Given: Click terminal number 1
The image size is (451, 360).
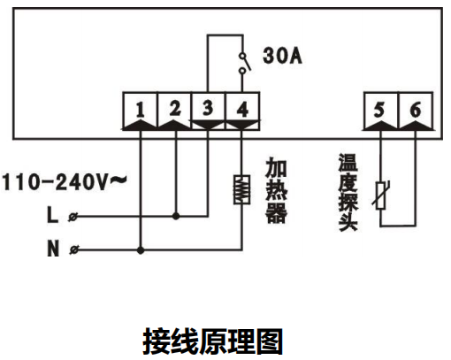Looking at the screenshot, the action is tap(141, 110).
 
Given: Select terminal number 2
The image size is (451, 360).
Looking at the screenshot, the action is tap(175, 109).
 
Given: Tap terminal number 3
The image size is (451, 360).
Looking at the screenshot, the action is tap(208, 108).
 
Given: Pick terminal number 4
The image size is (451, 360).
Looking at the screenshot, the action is tap(242, 110).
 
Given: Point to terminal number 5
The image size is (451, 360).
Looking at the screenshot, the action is tap(379, 110).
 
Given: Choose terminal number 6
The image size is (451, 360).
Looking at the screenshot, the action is tap(416, 110).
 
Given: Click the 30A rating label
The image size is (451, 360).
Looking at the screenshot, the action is tap(282, 56).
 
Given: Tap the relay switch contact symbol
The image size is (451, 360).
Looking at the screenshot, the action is tap(243, 63).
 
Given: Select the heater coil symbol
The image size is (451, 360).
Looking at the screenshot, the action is tap(242, 189).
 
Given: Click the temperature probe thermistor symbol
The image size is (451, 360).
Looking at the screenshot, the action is tap(380, 195).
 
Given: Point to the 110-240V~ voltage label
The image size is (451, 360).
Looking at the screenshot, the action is tap(65, 182).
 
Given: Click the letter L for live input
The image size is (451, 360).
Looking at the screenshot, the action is tap(52, 215).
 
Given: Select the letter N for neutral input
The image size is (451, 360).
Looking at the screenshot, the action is tap(53, 249).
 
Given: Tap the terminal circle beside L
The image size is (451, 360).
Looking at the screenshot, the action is tap(73, 217).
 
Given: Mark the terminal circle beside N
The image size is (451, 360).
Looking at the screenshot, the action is tap(74, 250).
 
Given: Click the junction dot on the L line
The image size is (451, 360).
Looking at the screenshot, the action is tap(176, 217).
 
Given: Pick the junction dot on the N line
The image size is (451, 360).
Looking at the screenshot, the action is tap(141, 250).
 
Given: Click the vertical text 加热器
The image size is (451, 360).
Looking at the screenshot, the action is tap(276, 190).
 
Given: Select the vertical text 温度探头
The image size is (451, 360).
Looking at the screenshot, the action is tap(348, 192).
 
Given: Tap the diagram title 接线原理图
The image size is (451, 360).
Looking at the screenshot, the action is tap(213, 341).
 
